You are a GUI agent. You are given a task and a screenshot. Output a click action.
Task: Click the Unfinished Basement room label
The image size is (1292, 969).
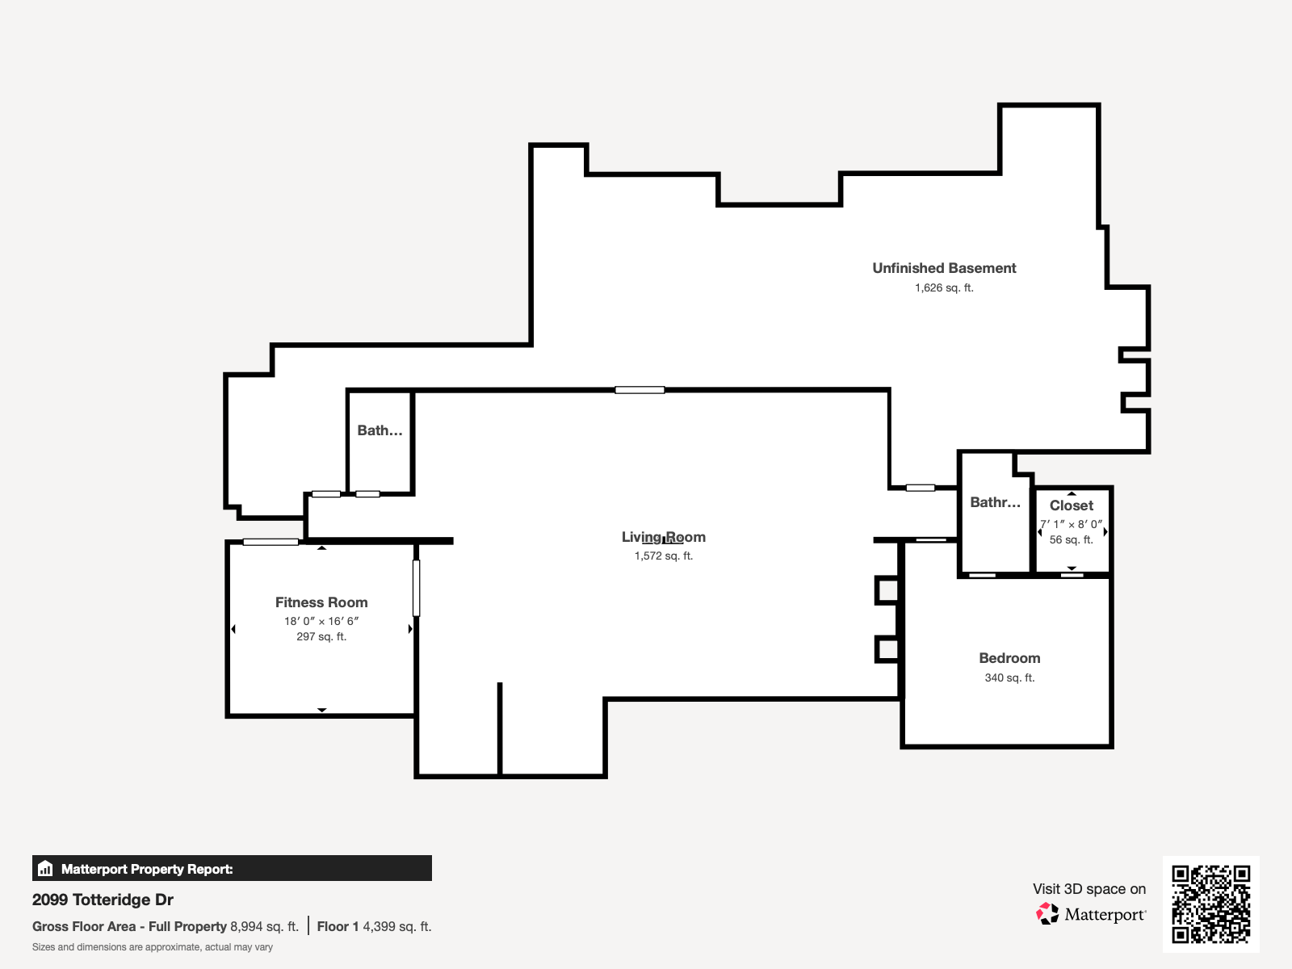[944, 268]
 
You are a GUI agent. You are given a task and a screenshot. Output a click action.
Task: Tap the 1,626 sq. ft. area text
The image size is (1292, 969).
[944, 288]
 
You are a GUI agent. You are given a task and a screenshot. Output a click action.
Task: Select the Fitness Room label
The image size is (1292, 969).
[321, 602]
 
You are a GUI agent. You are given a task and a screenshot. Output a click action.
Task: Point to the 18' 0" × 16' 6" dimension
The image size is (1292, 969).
[321, 621]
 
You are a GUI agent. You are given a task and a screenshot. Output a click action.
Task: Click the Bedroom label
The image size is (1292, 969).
[1009, 658]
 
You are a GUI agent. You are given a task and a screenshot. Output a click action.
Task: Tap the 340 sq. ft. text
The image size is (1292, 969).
[1009, 678]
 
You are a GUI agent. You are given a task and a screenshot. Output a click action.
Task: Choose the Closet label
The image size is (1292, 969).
[1072, 505]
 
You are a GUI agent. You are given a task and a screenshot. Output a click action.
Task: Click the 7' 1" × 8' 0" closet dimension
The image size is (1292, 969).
[1072, 524]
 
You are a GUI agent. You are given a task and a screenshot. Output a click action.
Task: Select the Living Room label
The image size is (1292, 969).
[664, 537]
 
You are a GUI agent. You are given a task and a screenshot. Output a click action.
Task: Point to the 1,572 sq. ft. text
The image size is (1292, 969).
[664, 556]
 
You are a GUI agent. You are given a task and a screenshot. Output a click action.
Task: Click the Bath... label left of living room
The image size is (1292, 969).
[380, 430]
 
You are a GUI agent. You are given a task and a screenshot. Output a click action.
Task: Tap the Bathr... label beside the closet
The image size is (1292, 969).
[995, 502]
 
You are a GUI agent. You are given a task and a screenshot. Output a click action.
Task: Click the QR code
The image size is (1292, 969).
[1210, 904]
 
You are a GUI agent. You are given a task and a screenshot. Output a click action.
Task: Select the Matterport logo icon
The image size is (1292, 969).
[1048, 914]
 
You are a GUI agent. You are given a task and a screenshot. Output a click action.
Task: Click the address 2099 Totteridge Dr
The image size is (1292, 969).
[103, 900]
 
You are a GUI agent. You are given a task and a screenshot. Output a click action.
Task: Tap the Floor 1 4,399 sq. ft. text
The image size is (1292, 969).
[374, 927]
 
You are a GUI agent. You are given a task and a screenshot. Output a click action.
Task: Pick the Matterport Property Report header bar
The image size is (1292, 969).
[232, 869]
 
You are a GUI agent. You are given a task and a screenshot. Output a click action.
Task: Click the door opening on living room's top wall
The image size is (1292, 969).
[640, 390]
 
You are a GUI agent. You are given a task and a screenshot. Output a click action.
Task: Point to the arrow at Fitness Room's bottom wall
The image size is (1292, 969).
[321, 710]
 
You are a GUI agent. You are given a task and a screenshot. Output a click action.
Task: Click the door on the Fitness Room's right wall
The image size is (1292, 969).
[417, 588]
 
